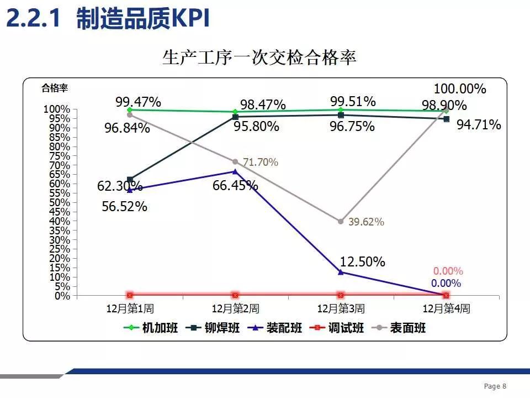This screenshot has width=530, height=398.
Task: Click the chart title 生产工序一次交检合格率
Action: (x=259, y=57)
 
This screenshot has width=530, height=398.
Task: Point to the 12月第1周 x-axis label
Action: (x=130, y=308)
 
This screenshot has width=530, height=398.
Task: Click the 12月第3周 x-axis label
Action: (x=341, y=308)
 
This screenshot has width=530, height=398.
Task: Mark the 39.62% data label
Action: (x=366, y=222)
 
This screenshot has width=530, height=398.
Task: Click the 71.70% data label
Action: (x=261, y=163)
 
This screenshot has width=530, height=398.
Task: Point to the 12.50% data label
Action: (x=362, y=261)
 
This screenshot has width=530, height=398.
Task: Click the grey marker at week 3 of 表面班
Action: (x=341, y=221)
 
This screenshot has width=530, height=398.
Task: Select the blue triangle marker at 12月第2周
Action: (x=235, y=171)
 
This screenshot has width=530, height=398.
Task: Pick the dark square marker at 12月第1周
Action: (x=130, y=180)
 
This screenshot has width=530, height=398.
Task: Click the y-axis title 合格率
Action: (x=55, y=87)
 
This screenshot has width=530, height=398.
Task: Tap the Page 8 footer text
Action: (x=495, y=386)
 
